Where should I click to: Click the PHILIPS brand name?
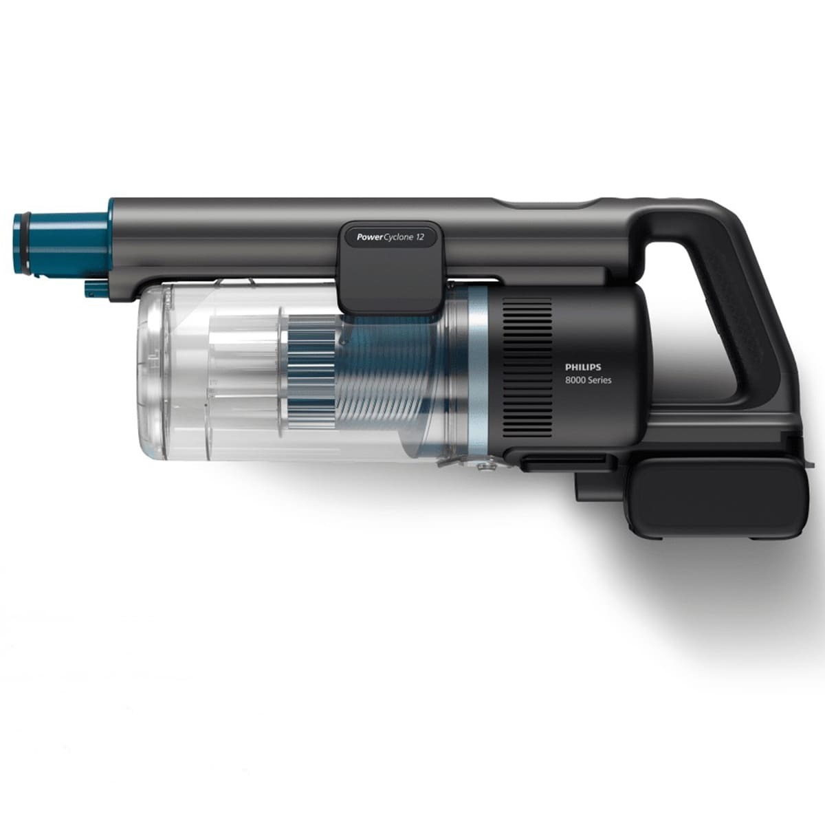(x=583, y=367)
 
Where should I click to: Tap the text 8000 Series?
(x=588, y=380)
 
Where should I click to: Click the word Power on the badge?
(x=369, y=236)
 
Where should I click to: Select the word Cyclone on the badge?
(x=397, y=236)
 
